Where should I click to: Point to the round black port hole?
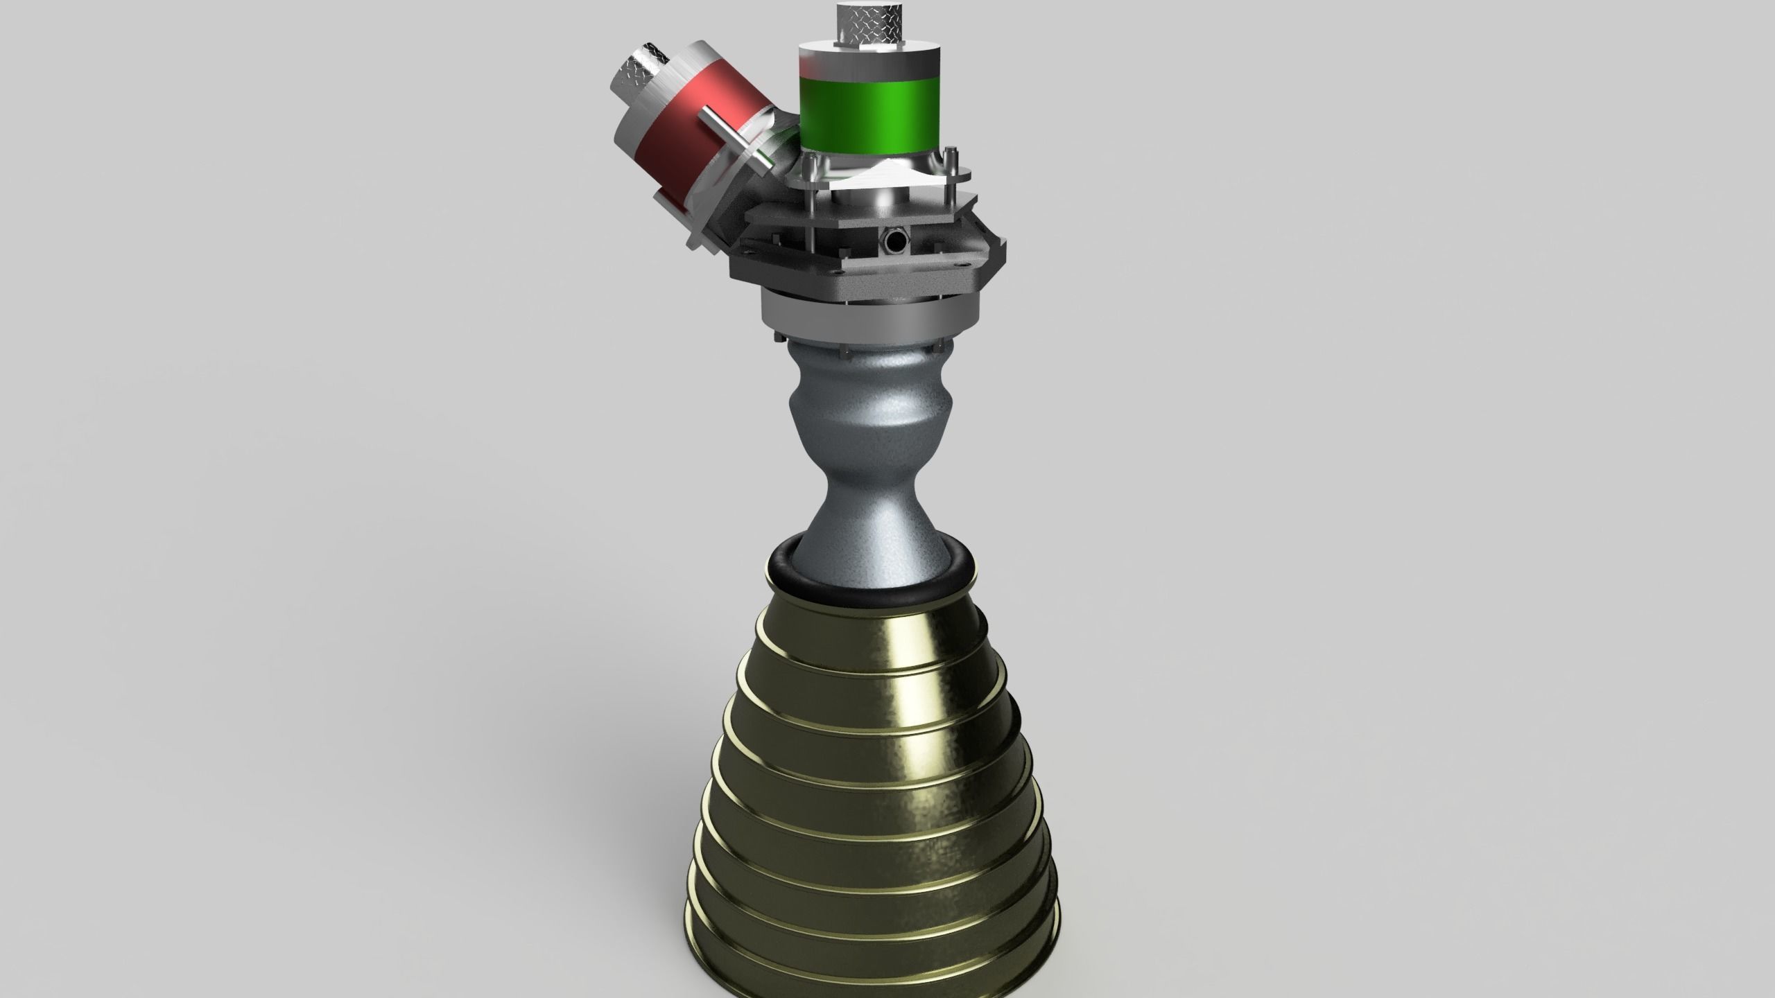click(892, 240)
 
